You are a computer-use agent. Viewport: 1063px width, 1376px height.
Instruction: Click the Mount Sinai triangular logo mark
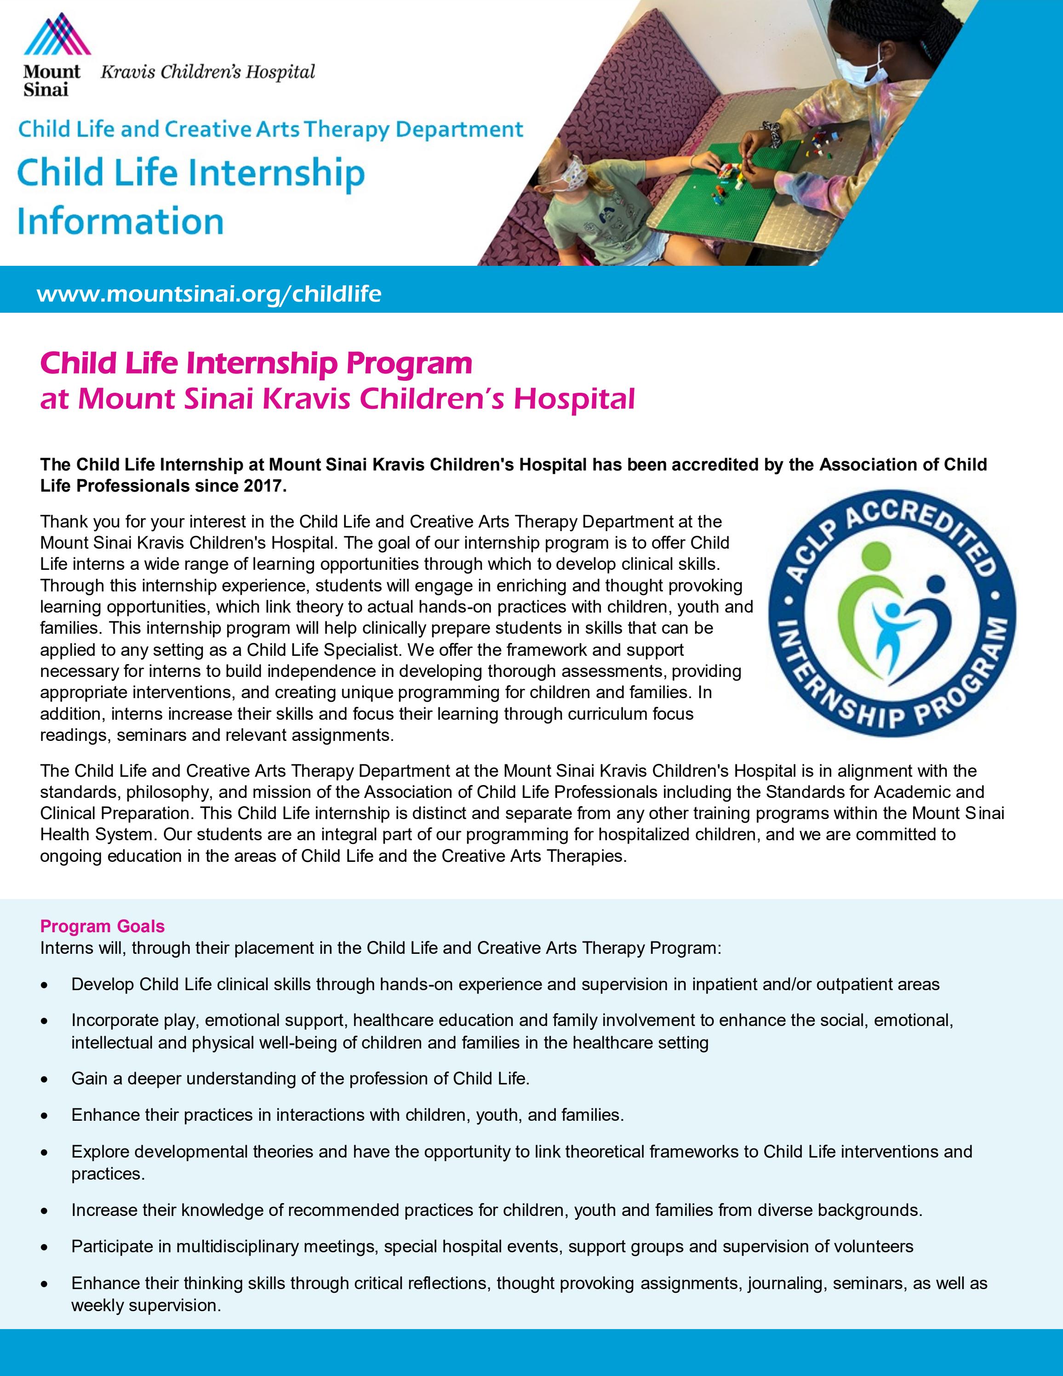(x=57, y=34)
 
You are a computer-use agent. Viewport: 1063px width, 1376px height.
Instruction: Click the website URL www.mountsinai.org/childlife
(x=209, y=293)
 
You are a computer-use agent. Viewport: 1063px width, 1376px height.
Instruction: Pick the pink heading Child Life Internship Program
(x=256, y=363)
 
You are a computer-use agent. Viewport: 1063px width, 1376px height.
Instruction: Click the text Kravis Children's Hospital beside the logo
(x=208, y=73)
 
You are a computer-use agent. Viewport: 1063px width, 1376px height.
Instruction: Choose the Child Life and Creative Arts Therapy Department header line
(x=271, y=129)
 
